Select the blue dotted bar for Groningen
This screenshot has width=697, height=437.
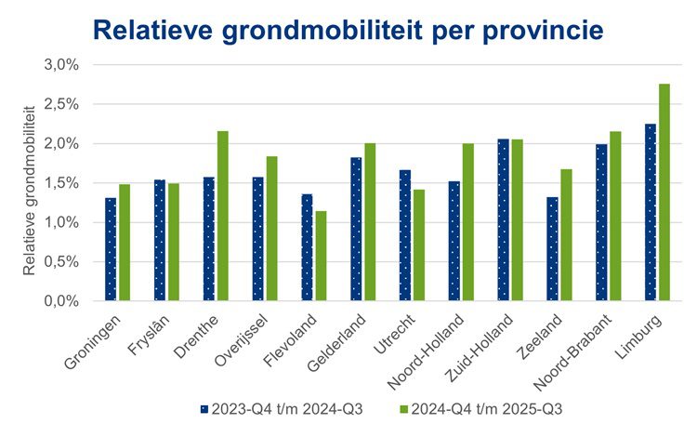111,249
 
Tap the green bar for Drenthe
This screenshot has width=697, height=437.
222,216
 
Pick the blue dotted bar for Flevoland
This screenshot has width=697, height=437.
307,247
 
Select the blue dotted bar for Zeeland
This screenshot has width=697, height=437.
552,249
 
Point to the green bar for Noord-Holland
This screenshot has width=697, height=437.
467,222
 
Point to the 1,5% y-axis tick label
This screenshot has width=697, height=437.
64,183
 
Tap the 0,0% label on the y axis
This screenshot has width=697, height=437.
64,301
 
